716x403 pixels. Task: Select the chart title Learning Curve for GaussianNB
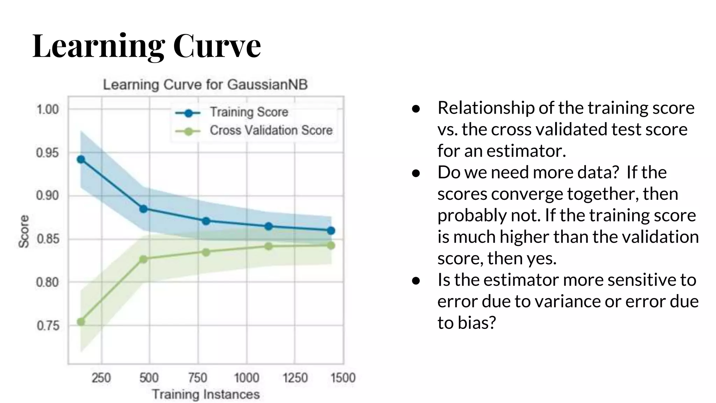pyautogui.click(x=205, y=85)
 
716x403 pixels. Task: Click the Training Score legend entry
pyautogui.click(x=249, y=112)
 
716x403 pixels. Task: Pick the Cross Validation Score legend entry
pyautogui.click(x=271, y=130)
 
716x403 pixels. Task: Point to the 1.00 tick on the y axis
pyautogui.click(x=48, y=109)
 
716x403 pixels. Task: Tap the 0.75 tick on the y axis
pyautogui.click(x=48, y=326)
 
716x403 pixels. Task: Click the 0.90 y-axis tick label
pyautogui.click(x=48, y=196)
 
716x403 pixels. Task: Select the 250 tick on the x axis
pyautogui.click(x=101, y=378)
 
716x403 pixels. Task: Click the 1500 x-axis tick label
pyautogui.click(x=343, y=378)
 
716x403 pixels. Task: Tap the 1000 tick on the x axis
pyautogui.click(x=246, y=378)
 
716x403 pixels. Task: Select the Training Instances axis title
pyautogui.click(x=206, y=394)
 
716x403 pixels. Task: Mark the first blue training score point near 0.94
pyautogui.click(x=81, y=160)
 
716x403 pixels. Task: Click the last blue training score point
pyautogui.click(x=331, y=231)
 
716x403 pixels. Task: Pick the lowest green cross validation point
pyautogui.click(x=81, y=322)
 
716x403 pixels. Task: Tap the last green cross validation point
pyautogui.click(x=331, y=246)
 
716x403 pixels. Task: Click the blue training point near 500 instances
pyautogui.click(x=143, y=209)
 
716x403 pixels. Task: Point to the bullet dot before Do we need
pyautogui.click(x=416, y=173)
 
